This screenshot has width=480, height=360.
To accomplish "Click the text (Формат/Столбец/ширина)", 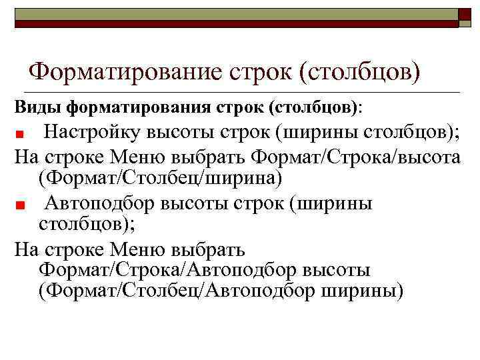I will tap(161, 179).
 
